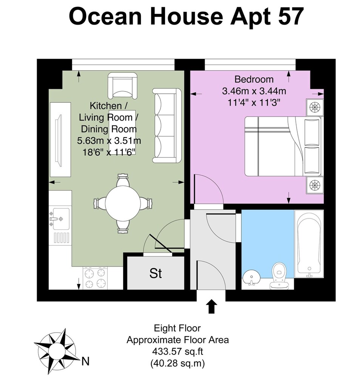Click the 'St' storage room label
pyautogui.click(x=155, y=273)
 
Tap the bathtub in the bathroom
pyautogui.click(x=309, y=244)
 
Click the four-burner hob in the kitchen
pyautogui.click(x=95, y=278)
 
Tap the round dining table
pyautogui.click(x=123, y=203)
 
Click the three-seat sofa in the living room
pyautogui.click(x=167, y=125)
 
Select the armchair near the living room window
pyautogui.click(x=122, y=85)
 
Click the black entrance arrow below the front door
pyautogui.click(x=211, y=306)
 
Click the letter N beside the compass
pyautogui.click(x=85, y=361)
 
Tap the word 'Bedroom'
pyautogui.click(x=254, y=79)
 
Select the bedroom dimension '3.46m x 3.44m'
pyautogui.click(x=254, y=91)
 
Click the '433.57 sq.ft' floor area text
pyautogui.click(x=178, y=351)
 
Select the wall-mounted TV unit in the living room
pyautogui.click(x=60, y=139)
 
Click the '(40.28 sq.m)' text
pyautogui.click(x=178, y=363)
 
